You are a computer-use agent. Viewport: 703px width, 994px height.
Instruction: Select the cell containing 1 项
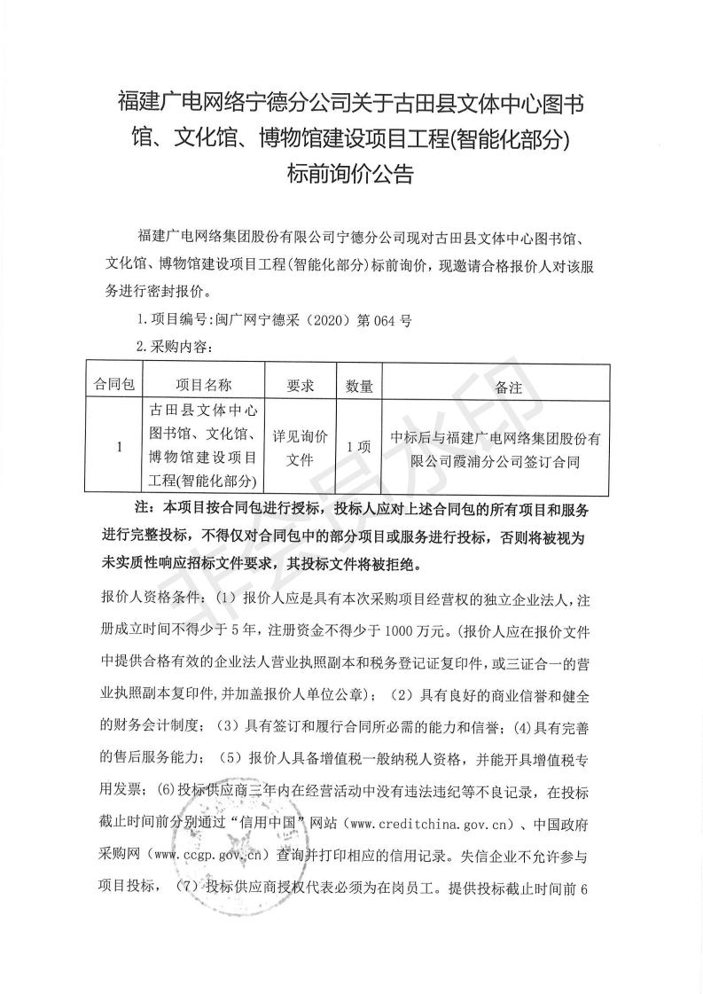pos(358,447)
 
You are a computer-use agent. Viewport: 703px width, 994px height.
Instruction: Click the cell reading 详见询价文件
pos(301,447)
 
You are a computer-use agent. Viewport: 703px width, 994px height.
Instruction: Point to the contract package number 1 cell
pos(118,447)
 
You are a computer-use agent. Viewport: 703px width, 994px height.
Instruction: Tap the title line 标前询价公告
pos(351,174)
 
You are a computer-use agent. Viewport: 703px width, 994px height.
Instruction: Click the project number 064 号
pos(389,321)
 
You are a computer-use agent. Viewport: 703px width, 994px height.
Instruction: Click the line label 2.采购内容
pos(172,347)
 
